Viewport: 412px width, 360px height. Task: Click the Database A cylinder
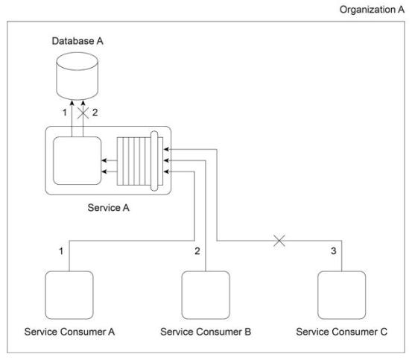(77, 76)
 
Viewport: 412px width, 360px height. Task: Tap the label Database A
(77, 41)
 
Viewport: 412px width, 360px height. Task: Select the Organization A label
(372, 10)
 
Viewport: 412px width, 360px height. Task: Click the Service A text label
(109, 208)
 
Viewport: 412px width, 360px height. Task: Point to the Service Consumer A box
(69, 295)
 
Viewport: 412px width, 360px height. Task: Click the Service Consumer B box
(206, 295)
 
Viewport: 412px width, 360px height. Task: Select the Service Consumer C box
(341, 295)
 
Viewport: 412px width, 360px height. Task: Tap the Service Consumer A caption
(69, 332)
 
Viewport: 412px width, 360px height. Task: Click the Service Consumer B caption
(206, 332)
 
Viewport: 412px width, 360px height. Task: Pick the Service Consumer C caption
(342, 332)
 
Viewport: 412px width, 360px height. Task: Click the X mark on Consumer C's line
(279, 241)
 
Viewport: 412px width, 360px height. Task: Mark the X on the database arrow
(83, 113)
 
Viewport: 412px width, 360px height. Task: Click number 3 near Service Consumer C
(334, 251)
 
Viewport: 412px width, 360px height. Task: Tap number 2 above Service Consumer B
(197, 251)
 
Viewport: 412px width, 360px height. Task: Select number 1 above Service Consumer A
(61, 251)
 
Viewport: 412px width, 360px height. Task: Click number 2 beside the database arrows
(95, 113)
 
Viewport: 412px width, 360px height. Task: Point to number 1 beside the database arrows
(65, 113)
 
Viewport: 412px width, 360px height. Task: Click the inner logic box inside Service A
(77, 160)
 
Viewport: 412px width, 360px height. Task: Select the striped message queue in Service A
(140, 161)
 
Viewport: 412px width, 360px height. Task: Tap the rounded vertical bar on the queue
(154, 161)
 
